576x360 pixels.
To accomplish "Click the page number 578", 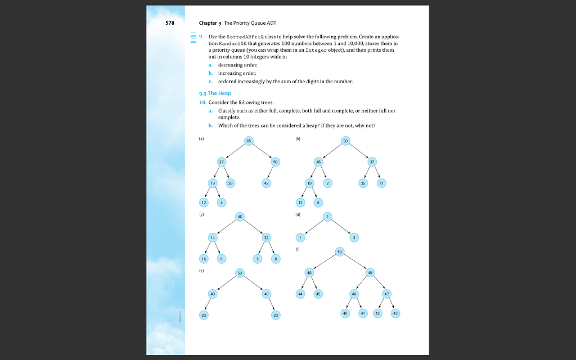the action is coord(170,23).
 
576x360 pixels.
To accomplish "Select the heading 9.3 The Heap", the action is coord(219,93).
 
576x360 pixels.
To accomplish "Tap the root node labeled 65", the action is coord(249,140).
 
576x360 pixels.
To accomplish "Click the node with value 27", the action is coord(222,161).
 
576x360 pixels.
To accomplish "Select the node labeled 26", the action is coord(231,183).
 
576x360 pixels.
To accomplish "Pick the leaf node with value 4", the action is coord(222,202).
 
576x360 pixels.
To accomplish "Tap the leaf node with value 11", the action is coord(382,183).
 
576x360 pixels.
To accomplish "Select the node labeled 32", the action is coord(266,237).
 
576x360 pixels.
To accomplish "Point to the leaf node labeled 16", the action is coord(204,258).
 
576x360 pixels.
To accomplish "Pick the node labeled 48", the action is coord(309,272).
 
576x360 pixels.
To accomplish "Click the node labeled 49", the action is coord(370,272).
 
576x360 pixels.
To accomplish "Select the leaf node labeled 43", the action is coord(395,313).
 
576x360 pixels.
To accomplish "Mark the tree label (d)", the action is coord(298,214).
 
